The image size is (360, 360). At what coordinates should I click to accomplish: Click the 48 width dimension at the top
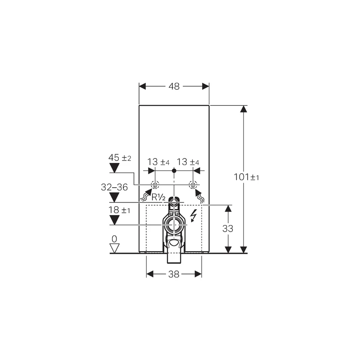174,86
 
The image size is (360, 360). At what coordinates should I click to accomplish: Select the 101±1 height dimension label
246,177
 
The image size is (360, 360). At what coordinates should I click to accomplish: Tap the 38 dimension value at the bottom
174,274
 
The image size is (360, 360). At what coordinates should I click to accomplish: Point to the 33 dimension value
228,229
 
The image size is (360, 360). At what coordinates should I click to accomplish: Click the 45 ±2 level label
120,158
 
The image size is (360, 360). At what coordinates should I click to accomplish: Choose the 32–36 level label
114,187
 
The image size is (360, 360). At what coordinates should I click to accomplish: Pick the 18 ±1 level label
119,210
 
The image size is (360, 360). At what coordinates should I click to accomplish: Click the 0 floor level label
114,239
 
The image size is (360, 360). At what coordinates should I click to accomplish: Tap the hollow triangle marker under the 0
114,248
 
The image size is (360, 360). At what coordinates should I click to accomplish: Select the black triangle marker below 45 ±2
114,167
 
